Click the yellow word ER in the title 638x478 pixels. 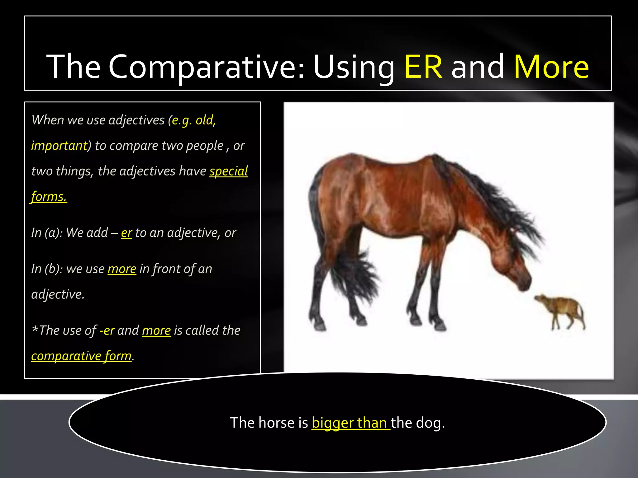(423, 67)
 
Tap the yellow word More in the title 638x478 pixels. (551, 67)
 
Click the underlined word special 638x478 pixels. (228, 171)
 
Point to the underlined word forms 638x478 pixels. (49, 197)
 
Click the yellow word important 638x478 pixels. (60, 146)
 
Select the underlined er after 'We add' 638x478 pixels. (126, 233)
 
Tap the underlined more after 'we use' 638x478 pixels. (122, 269)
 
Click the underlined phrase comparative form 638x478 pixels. (81, 356)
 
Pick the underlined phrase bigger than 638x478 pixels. (350, 423)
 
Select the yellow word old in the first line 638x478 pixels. (205, 120)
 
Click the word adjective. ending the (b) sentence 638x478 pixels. (58, 294)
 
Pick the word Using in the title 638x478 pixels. (354, 67)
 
